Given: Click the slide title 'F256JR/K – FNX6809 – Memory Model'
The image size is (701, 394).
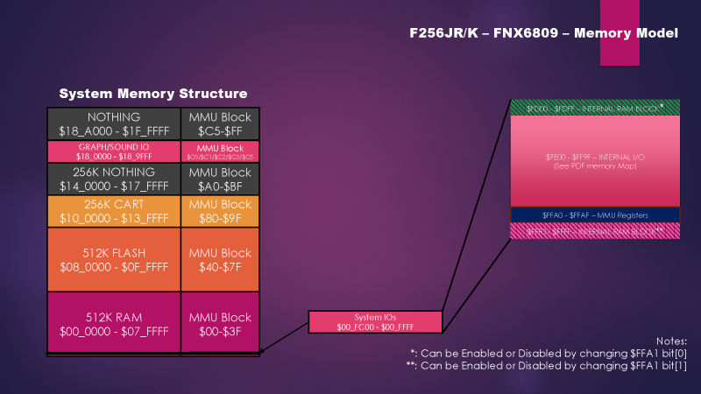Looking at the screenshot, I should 543,33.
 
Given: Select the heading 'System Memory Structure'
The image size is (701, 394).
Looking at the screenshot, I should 152,93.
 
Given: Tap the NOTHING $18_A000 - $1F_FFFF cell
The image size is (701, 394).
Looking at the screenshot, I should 114,123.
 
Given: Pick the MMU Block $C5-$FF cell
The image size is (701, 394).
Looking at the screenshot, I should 220,123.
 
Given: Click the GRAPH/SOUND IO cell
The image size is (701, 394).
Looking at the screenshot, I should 114,151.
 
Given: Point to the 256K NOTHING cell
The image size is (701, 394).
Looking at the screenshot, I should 114,179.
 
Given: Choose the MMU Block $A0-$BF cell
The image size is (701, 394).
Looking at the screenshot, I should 220,179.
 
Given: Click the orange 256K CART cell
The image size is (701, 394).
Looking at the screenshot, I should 114,211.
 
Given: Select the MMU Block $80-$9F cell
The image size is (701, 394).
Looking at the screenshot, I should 220,211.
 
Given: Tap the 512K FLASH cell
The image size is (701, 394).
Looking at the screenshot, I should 114,259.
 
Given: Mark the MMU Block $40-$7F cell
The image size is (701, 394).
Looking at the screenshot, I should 220,259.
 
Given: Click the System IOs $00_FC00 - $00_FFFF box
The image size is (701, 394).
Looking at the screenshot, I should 374,321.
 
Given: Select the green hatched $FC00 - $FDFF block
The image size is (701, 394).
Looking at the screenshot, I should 595,108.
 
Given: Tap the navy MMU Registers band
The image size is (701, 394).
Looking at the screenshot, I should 595,215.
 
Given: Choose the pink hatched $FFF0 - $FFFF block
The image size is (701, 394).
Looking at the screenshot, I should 595,230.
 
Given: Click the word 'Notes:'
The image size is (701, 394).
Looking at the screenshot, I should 671,340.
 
